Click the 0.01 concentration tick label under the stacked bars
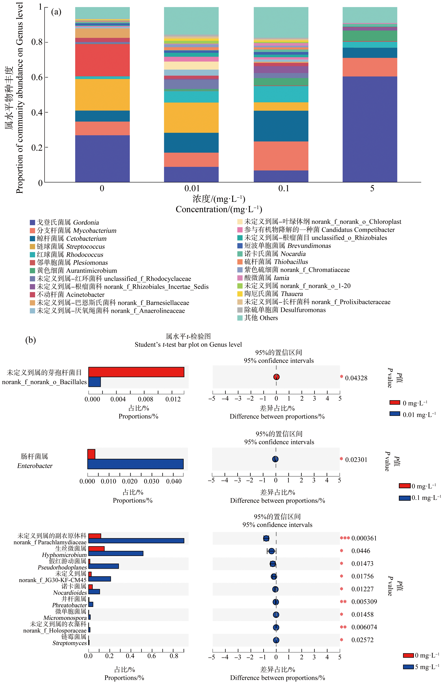[192, 188]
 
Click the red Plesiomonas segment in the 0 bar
[102, 60]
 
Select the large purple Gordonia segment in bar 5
[370, 129]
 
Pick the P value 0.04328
[356, 378]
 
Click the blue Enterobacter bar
[135, 464]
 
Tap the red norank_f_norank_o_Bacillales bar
[136, 372]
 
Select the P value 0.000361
[364, 538]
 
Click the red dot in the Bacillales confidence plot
[276, 377]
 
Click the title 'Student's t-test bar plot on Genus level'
[188, 345]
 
